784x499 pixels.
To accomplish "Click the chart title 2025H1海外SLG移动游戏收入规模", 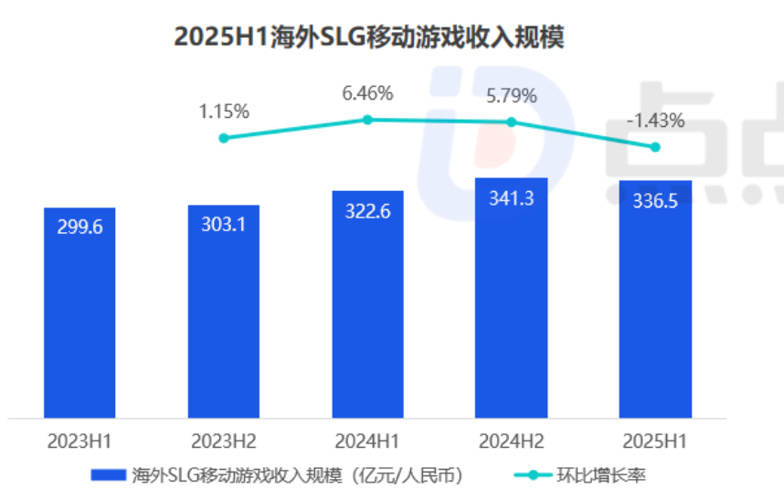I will point(369,37).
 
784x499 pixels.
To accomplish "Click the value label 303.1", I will point(224,225).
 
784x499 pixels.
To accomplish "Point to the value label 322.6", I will point(367,211).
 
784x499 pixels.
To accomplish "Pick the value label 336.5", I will point(655,201).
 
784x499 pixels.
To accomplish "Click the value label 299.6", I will point(79,228).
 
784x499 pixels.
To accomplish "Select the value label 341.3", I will point(512,197).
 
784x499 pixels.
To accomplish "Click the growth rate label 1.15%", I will point(224,111).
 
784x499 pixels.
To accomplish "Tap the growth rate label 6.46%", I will point(367,93).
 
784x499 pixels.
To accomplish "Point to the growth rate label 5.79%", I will point(512,95).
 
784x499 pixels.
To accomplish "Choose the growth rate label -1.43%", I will point(655,121).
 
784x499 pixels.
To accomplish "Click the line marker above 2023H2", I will point(224,138).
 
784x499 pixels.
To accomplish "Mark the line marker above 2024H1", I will point(367,120).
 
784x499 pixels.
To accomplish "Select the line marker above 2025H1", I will point(655,147).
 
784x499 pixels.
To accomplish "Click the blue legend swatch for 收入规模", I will point(108,475).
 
